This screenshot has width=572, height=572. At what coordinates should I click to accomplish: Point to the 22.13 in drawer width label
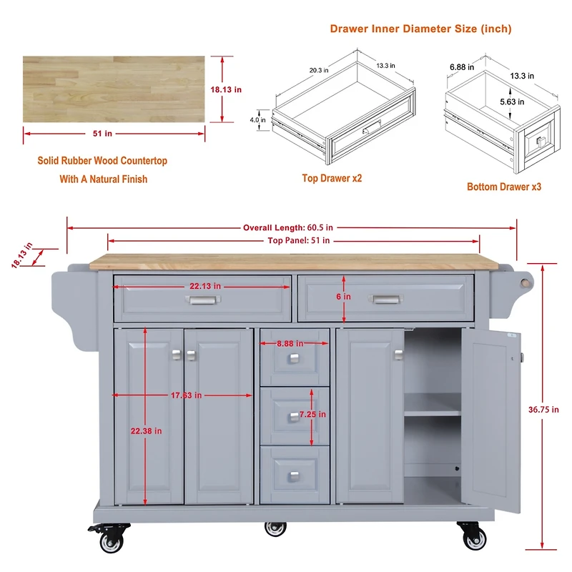tap(205, 287)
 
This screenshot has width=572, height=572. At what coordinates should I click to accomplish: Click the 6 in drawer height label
tap(345, 297)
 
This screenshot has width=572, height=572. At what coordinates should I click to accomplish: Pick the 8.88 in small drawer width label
tap(295, 344)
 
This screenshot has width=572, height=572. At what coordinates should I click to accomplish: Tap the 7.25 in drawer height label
tap(312, 415)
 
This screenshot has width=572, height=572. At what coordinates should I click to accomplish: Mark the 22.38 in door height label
tap(145, 431)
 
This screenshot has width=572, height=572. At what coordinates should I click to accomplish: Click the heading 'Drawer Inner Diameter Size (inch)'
tap(420, 29)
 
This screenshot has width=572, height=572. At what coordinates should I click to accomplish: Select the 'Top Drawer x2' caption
tap(332, 178)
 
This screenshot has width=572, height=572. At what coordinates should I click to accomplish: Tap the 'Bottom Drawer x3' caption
tap(504, 187)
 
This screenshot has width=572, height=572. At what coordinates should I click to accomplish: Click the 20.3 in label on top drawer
tap(319, 70)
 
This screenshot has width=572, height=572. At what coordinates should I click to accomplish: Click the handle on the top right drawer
tap(385, 300)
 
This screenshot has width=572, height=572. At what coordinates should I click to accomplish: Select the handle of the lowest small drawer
tap(295, 475)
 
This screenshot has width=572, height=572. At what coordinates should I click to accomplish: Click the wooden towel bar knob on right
tap(526, 281)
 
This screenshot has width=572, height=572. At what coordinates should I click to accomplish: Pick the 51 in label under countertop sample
tap(103, 134)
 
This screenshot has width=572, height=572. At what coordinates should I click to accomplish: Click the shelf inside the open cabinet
tap(433, 413)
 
